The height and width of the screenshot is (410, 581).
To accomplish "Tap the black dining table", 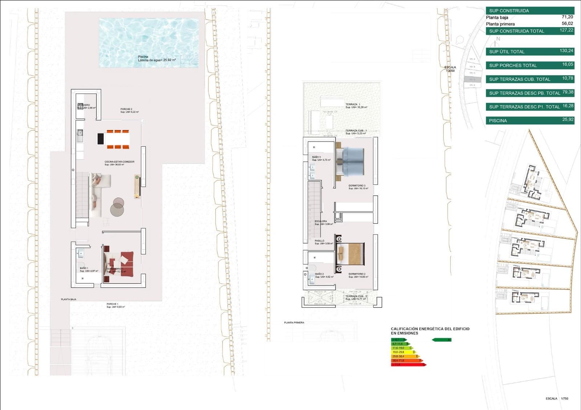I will click(101, 139).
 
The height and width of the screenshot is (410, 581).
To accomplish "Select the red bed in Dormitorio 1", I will click(122, 264).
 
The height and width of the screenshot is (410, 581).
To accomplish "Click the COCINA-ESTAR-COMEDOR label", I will click(119, 162).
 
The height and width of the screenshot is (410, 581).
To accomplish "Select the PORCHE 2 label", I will click(126, 109).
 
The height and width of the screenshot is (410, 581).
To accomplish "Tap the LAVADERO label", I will click(84, 105).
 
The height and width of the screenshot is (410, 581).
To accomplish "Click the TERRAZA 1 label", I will click(353, 104).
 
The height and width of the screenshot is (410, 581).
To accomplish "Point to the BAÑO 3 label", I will click(317, 157).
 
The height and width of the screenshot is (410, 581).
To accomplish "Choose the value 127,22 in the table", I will click(566, 30).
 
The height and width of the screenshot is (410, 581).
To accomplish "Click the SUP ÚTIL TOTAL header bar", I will click(530, 52).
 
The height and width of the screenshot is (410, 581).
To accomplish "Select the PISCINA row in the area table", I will click(530, 120).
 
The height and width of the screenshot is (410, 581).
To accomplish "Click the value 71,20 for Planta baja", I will click(567, 17).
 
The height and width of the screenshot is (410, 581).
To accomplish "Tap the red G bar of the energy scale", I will click(407, 365).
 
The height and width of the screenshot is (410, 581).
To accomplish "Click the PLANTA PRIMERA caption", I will click(294, 323).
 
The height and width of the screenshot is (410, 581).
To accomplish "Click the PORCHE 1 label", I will click(112, 304).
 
